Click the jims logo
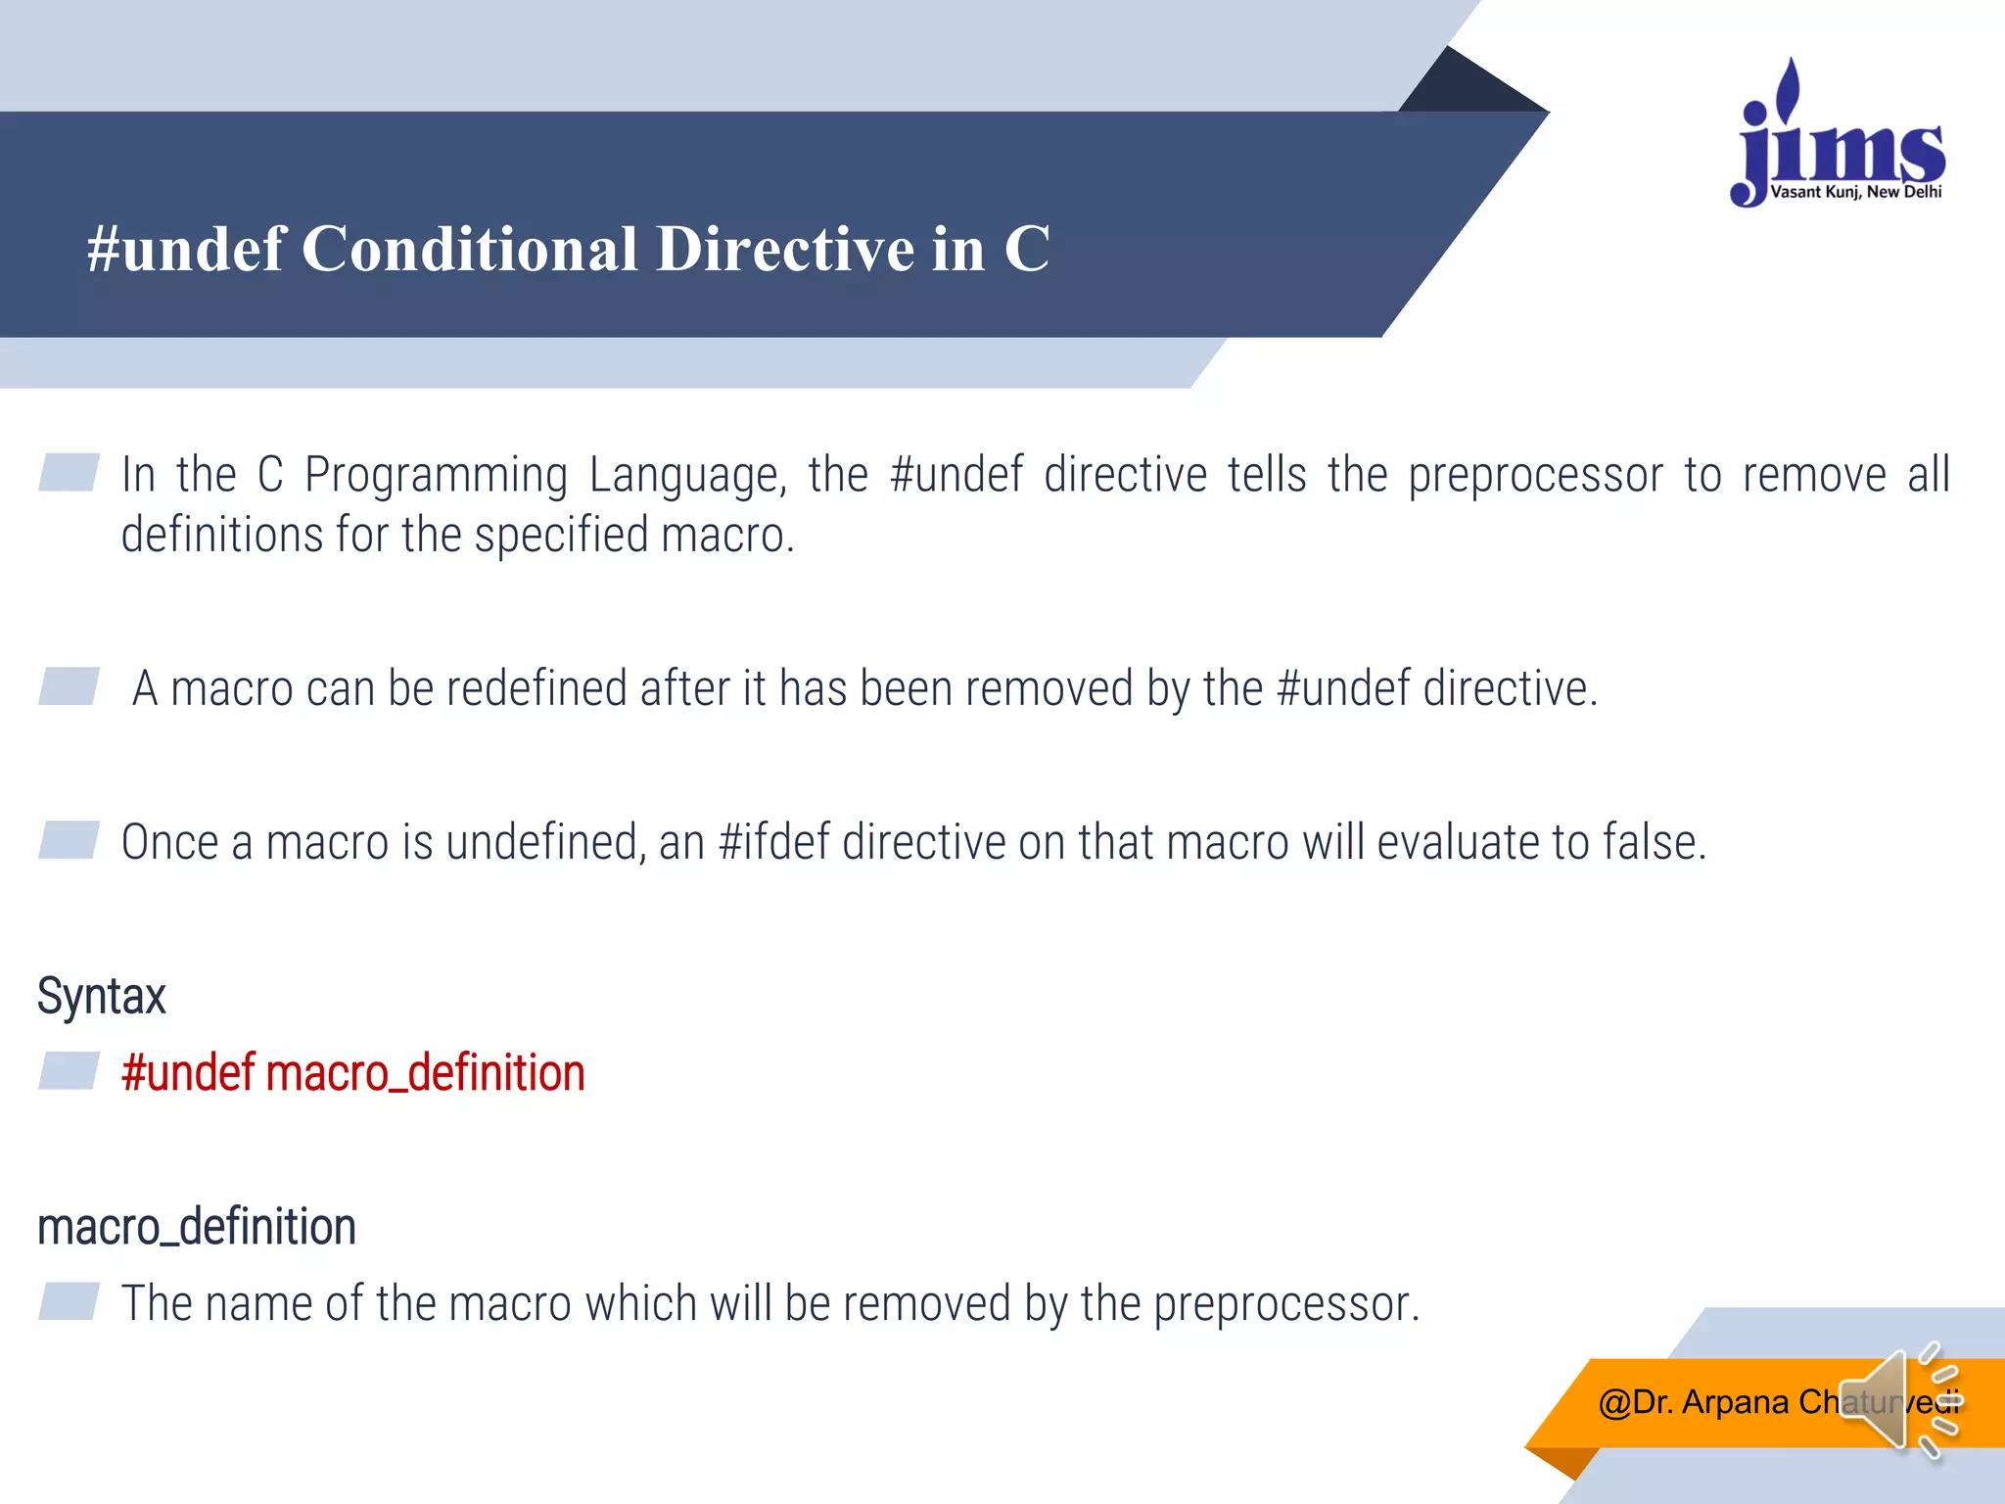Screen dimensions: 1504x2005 pos(1839,137)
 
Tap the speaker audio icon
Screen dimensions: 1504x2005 pos(1894,1401)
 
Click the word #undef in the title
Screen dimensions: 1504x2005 pos(186,249)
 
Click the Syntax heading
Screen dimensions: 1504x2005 pos(102,997)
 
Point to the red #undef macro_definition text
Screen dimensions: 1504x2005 pos(352,1073)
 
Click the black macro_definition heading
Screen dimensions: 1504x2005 pos(196,1228)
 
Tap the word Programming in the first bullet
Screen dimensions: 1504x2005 pos(436,476)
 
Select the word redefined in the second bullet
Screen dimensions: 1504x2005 pos(536,688)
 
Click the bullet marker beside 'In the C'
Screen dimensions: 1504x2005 pos(69,472)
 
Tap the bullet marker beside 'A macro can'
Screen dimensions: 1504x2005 pos(69,685)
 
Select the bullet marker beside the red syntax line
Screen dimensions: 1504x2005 pos(69,1070)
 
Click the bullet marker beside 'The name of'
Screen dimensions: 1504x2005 pos(69,1301)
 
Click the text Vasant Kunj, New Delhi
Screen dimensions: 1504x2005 pos(1855,192)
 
